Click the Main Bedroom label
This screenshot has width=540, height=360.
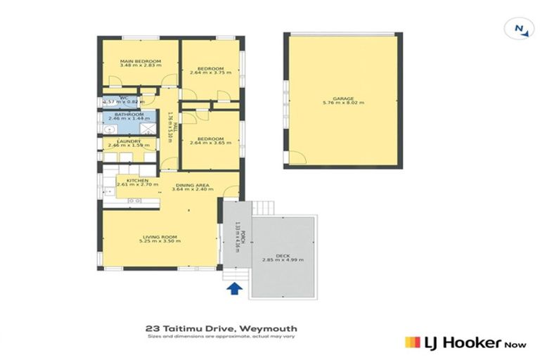(x=140, y=61)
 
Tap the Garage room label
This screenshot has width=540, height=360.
(x=343, y=98)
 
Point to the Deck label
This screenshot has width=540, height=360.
(x=283, y=255)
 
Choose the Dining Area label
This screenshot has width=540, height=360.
(x=189, y=184)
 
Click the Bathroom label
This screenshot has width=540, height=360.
(x=129, y=115)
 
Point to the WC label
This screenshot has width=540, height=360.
(x=124, y=98)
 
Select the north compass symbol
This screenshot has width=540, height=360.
(x=520, y=28)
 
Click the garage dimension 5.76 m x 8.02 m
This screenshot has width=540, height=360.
(x=343, y=103)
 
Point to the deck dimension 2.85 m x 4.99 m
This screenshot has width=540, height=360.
(x=283, y=260)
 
